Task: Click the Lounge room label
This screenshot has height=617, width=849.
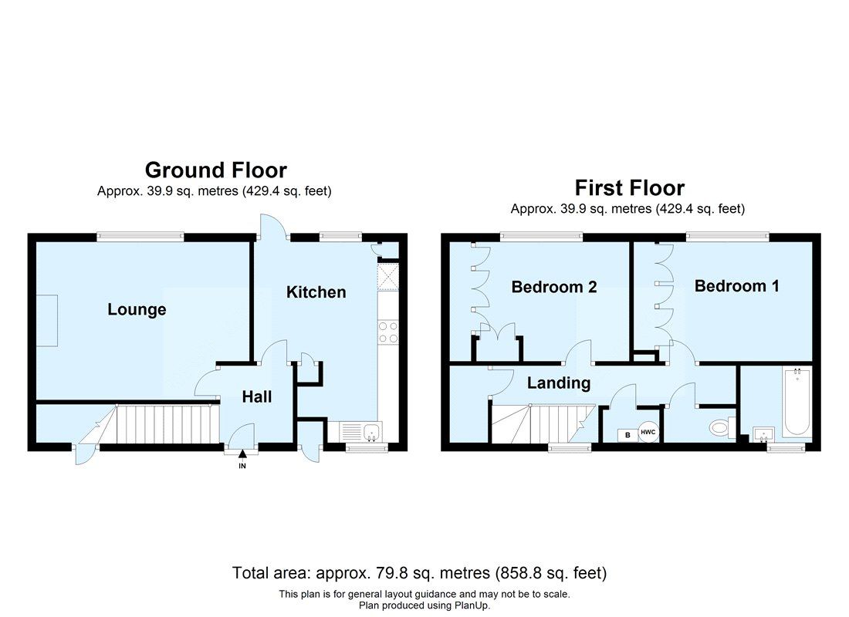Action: pyautogui.click(x=137, y=310)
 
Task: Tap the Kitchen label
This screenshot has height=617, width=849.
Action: pyautogui.click(x=316, y=292)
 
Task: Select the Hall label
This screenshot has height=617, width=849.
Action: pyautogui.click(x=257, y=397)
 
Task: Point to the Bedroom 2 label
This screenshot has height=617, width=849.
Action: pyautogui.click(x=554, y=287)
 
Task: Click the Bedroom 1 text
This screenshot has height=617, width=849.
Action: pyautogui.click(x=736, y=286)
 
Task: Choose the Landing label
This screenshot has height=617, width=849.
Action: pyautogui.click(x=559, y=383)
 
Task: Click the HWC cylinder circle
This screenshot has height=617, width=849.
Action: pyautogui.click(x=648, y=433)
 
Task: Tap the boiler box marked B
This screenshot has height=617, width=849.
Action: pyautogui.click(x=627, y=435)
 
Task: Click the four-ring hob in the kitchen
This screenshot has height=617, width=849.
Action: pyautogui.click(x=387, y=332)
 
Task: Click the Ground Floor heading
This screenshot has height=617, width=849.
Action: pyautogui.click(x=215, y=170)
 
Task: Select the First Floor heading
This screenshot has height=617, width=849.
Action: pyautogui.click(x=629, y=187)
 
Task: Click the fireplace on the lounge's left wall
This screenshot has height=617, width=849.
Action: pyautogui.click(x=48, y=321)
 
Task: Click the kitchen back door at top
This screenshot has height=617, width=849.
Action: pyautogui.click(x=272, y=225)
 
